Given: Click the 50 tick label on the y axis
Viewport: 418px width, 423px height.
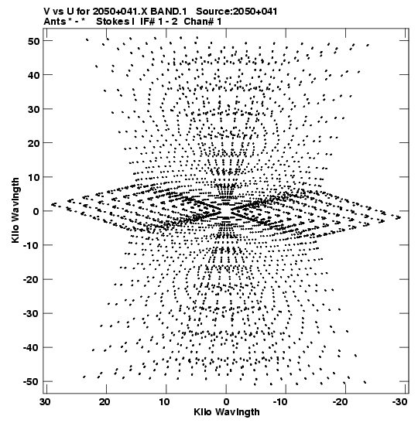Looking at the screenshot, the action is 33,41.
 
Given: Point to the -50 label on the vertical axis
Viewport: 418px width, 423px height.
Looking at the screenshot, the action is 31,382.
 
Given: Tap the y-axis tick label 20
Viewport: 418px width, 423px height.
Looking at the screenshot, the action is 33,143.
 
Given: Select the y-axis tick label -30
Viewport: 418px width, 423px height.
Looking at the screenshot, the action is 31,314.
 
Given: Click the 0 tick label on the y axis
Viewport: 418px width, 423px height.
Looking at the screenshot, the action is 36,211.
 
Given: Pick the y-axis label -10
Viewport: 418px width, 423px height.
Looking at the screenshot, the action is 31,245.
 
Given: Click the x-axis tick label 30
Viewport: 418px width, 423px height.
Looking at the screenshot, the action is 45,402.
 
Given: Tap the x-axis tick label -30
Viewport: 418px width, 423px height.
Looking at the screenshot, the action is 399,402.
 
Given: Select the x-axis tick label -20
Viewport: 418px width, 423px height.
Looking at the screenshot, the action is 340,402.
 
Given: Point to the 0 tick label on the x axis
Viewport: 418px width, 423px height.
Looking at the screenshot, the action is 226,402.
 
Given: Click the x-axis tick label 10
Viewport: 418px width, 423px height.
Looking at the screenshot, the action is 164,402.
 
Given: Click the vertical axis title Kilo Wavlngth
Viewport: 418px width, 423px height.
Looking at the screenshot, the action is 15,210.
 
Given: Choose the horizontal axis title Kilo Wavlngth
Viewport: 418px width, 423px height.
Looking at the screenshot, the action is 227,412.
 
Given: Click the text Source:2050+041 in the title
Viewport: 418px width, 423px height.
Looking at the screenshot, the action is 237,12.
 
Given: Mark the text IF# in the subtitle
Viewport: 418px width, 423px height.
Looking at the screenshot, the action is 147,22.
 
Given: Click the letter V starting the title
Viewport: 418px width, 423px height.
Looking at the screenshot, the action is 46,12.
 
